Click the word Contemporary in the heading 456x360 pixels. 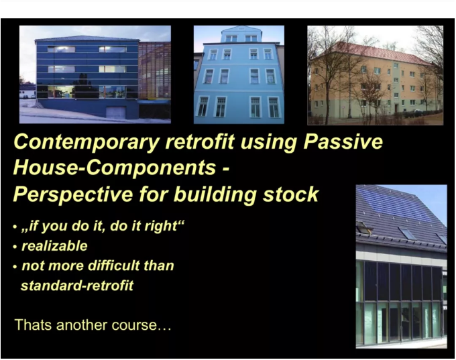point(87,143)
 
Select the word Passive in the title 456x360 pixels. point(343,141)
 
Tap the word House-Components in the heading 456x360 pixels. point(114,168)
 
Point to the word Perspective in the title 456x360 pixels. point(73,194)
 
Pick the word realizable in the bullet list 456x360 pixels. point(54,246)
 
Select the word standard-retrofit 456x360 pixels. point(77,286)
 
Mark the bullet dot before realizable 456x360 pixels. point(15,247)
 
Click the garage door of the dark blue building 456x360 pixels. point(115,113)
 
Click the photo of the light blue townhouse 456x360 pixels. point(239,74)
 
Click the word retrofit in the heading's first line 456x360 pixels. point(200,141)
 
